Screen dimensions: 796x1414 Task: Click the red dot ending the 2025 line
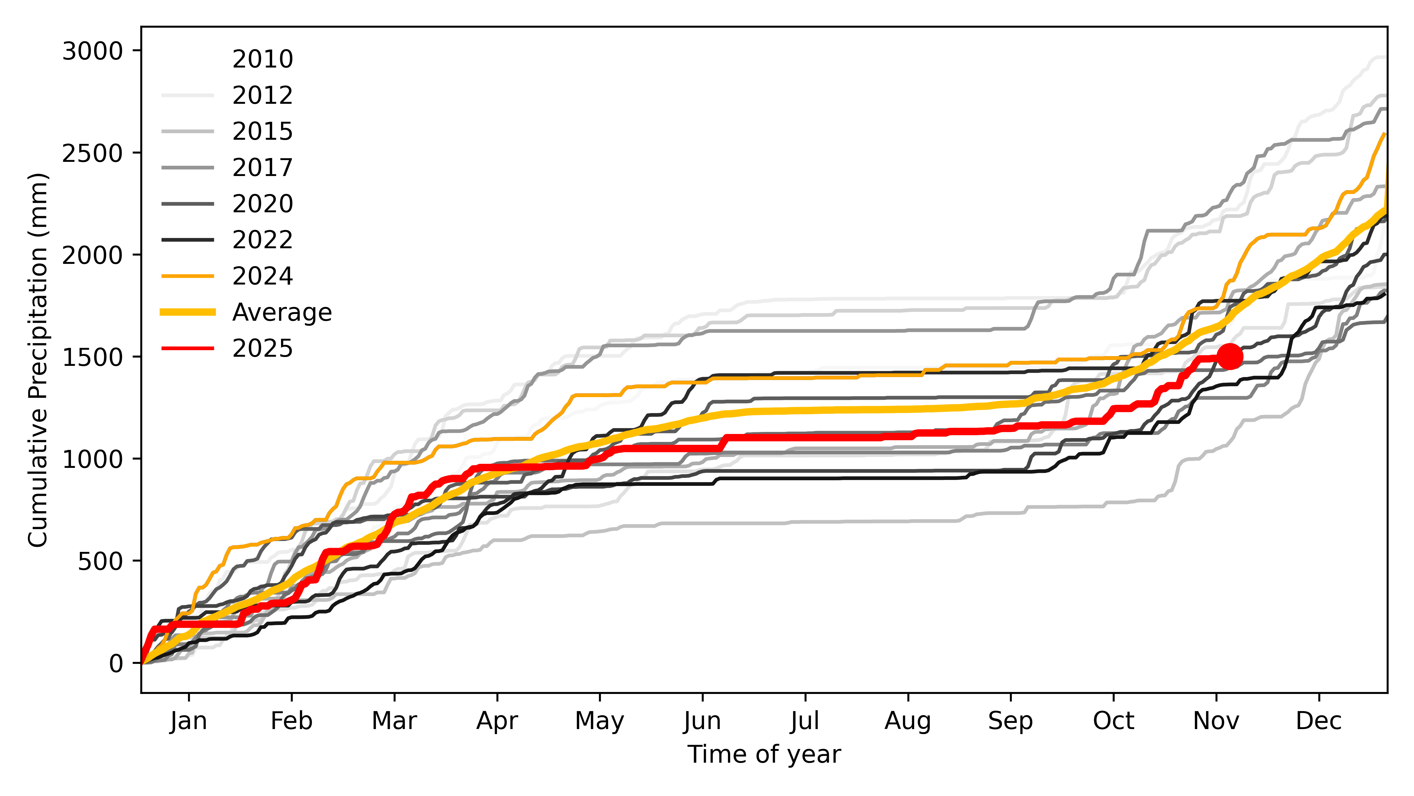1230,356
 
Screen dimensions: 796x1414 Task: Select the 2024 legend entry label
262,276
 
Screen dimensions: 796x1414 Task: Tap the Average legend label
282,312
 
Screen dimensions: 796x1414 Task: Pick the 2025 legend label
262,348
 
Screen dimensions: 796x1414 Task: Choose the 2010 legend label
262,59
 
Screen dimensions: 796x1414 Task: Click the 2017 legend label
262,167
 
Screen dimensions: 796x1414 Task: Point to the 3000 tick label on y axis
92,51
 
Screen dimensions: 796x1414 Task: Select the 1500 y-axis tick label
92,357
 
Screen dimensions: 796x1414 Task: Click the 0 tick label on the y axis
116,664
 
